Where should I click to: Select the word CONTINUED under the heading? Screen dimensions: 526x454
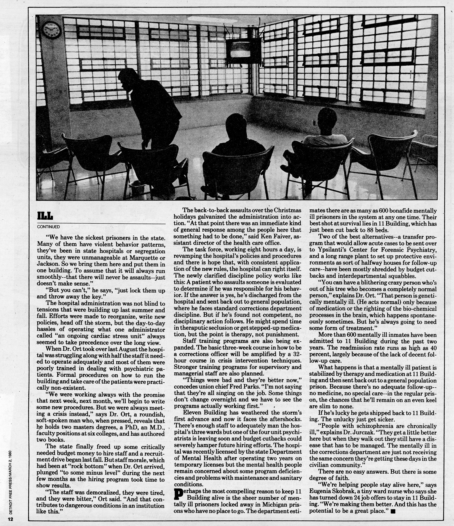pos(48,227)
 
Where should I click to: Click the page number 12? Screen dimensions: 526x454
pos(10,519)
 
